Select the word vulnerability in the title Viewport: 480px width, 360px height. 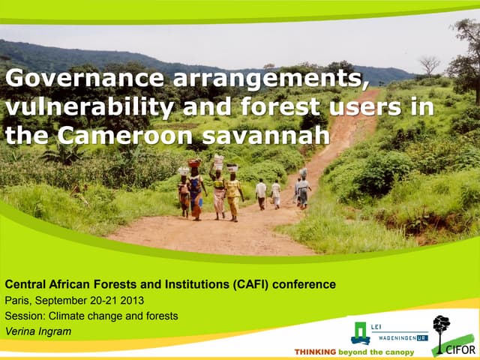tap(79, 107)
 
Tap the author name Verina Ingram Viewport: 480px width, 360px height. tap(37, 331)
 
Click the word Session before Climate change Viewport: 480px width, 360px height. tap(25, 316)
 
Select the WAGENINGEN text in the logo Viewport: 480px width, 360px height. tap(394, 337)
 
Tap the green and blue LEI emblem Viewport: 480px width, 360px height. tap(361, 333)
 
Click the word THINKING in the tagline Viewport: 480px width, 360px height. tap(315, 351)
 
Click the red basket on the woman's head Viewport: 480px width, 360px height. tap(194, 163)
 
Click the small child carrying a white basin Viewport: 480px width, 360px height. tap(184, 193)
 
